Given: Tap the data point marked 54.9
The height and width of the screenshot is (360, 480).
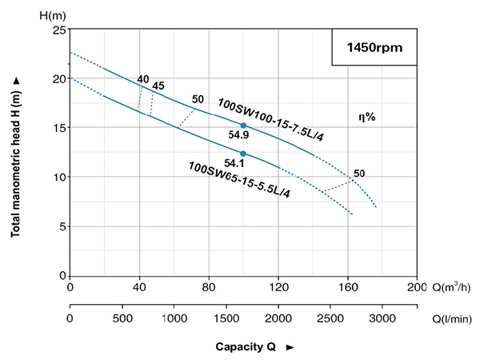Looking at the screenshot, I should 243,126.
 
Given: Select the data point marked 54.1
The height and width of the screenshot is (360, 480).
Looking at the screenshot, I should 243,154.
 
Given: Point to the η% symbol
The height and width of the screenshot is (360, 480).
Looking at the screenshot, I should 366,117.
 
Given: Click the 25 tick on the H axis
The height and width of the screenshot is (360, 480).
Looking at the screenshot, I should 57,30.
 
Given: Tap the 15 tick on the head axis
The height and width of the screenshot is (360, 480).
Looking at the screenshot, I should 57,128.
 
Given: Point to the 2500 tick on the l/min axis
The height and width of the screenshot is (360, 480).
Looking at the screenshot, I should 330,318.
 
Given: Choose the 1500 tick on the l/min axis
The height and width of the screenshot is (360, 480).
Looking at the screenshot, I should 226,318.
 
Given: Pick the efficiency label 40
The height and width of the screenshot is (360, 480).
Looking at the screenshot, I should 142,78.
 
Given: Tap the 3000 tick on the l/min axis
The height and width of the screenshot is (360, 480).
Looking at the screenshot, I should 382,318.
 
